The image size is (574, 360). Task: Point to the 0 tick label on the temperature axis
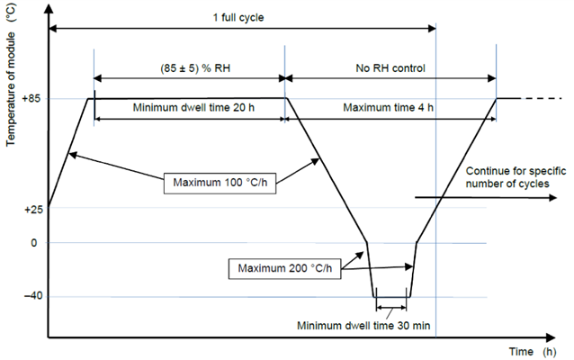35,243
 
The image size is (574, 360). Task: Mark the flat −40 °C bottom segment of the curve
392,296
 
